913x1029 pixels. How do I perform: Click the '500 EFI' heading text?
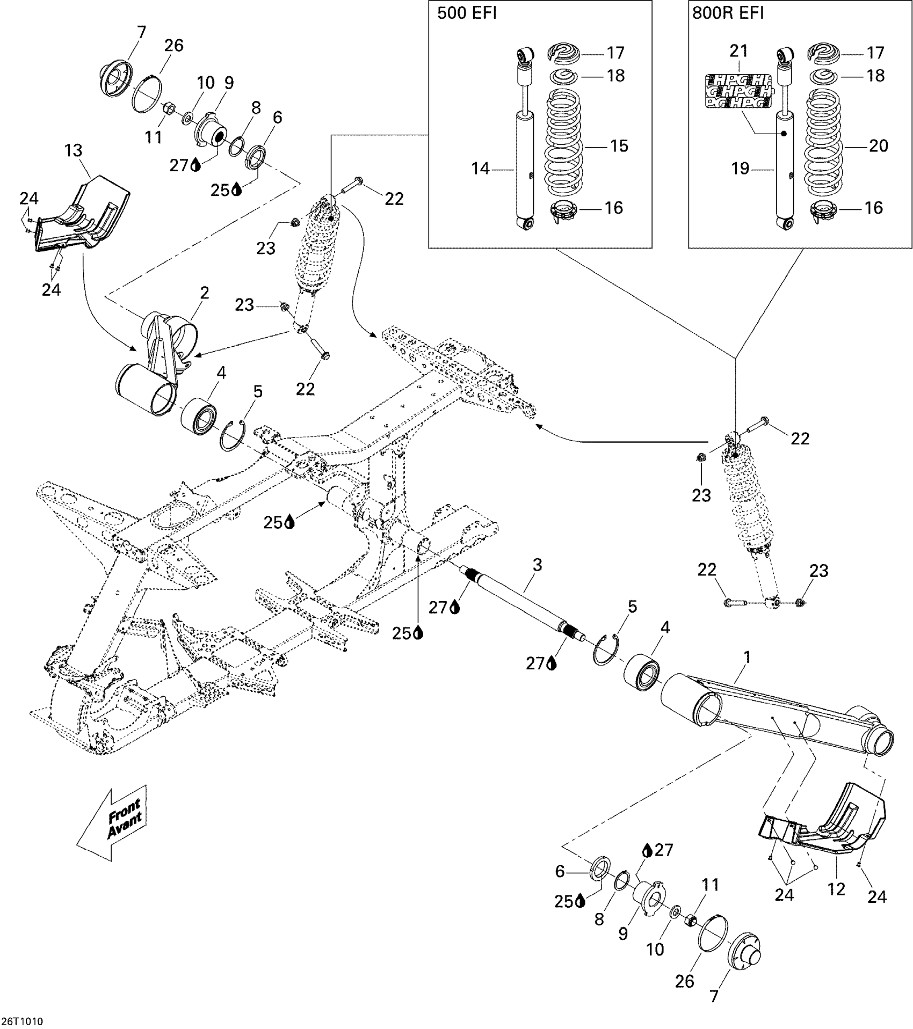[x=467, y=13]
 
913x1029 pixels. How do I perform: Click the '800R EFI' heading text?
[x=728, y=13]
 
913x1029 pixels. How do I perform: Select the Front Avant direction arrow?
[x=111, y=829]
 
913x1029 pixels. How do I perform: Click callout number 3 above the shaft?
[x=537, y=565]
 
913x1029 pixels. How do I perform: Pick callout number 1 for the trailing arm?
[x=746, y=657]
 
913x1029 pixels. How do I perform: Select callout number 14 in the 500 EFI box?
[x=481, y=169]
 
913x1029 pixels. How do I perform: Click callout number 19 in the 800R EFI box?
[x=740, y=169]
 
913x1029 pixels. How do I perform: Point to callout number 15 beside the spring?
[x=619, y=145]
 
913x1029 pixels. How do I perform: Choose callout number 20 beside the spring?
[x=879, y=145]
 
